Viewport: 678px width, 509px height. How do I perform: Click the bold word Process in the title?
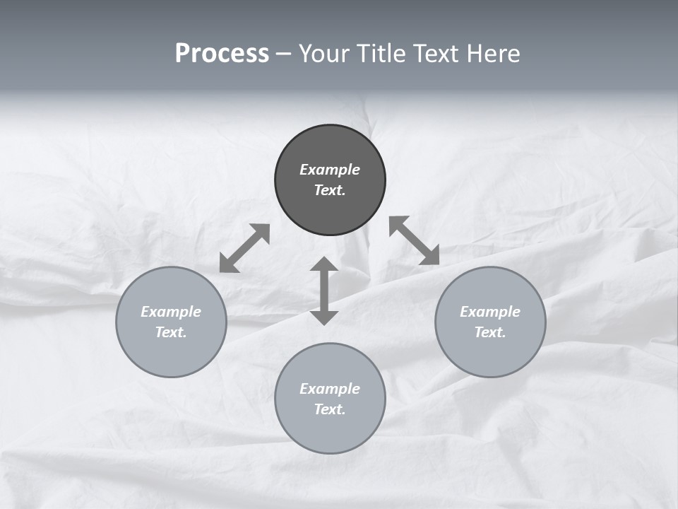point(222,54)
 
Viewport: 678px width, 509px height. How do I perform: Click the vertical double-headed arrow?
point(324,291)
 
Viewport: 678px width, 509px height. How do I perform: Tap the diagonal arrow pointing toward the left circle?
point(244,248)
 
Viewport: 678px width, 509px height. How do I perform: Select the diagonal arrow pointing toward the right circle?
point(414,240)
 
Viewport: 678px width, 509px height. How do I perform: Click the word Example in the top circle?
point(330,170)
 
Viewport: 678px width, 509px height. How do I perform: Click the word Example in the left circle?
point(171,312)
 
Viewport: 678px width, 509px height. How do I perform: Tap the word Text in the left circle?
point(171,332)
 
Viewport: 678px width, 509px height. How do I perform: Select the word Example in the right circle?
point(490,312)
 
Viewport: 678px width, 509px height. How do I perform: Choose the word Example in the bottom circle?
point(330,389)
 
